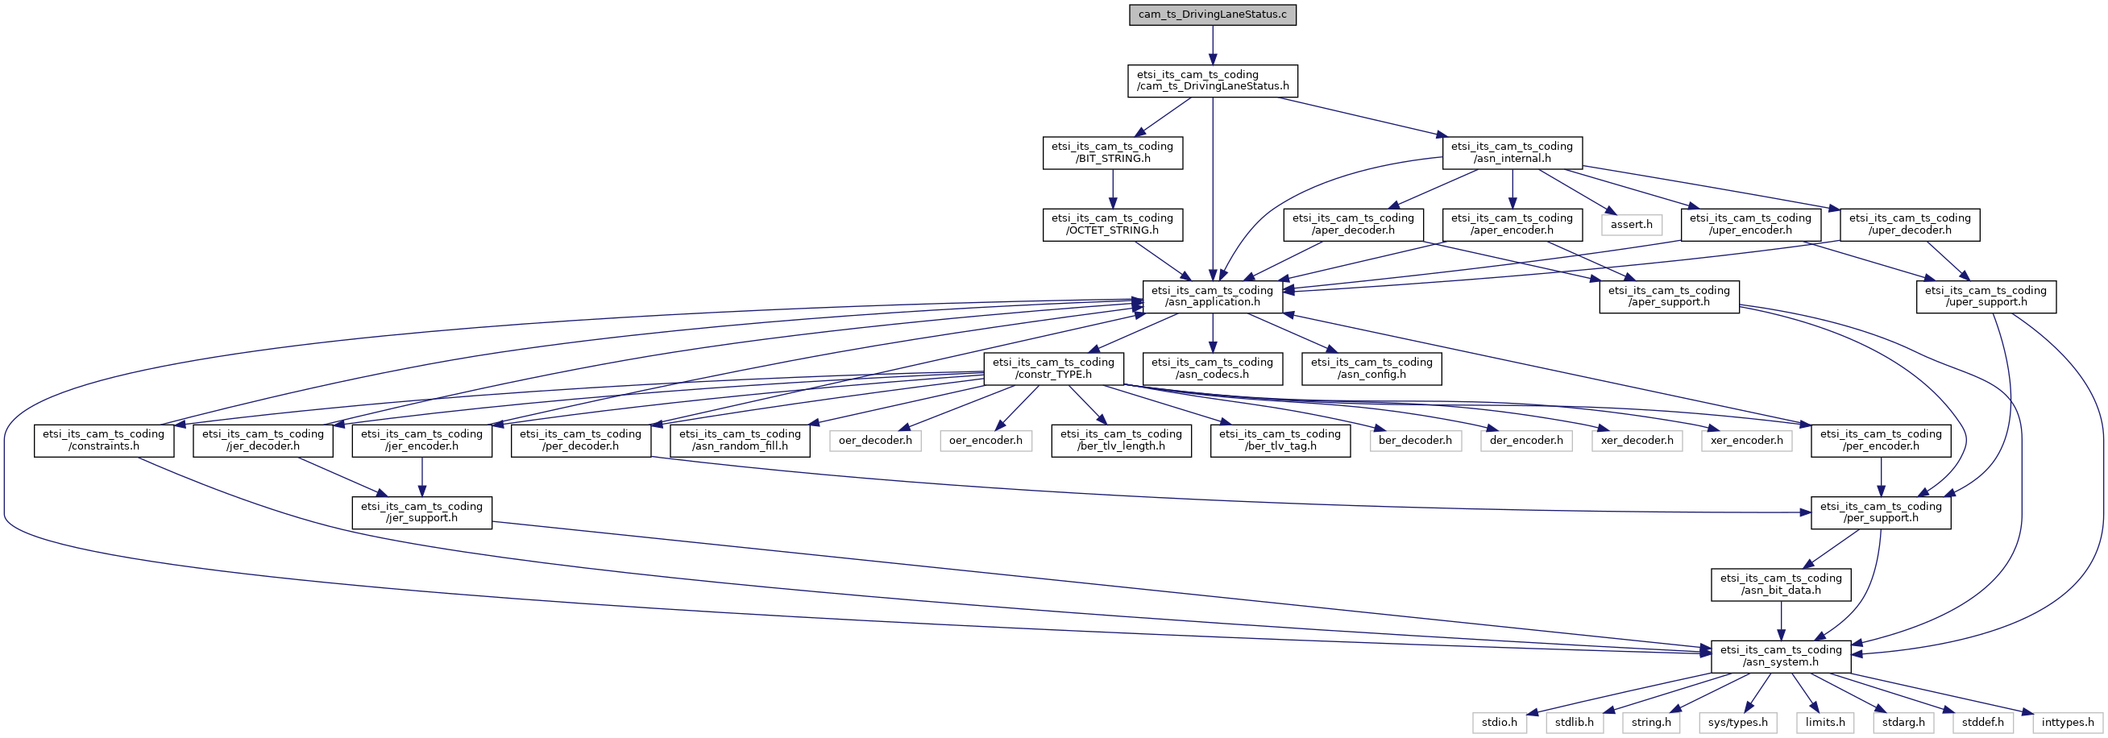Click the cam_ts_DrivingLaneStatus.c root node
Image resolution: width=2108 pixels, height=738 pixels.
coord(1212,15)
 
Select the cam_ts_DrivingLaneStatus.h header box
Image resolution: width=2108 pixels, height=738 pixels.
coord(1212,81)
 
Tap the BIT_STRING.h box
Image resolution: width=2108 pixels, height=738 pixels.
coord(1112,153)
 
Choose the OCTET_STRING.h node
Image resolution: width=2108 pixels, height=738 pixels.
coord(1112,225)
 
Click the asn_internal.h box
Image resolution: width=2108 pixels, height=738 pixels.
coord(1512,153)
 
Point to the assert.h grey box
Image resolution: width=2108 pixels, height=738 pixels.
coord(1631,225)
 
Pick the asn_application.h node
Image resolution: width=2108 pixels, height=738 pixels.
coord(1212,297)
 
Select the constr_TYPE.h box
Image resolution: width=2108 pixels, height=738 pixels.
coord(1053,369)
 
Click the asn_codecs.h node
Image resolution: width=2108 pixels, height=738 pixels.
coord(1212,369)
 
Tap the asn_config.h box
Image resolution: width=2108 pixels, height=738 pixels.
coord(1371,369)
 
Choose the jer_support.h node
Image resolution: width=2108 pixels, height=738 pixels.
coord(421,513)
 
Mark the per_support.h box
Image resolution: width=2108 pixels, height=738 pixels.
coord(1881,513)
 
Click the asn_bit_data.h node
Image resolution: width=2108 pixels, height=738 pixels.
coord(1781,585)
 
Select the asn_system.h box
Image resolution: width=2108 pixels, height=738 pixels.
coord(1781,657)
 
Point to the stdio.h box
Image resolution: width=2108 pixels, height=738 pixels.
coord(1499,723)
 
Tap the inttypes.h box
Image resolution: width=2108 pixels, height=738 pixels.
coord(2067,723)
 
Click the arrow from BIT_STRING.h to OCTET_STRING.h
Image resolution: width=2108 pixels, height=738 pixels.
coord(1112,189)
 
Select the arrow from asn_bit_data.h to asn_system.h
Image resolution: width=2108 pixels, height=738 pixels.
coord(1781,621)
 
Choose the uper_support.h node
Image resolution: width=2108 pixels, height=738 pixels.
coord(1986,297)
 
